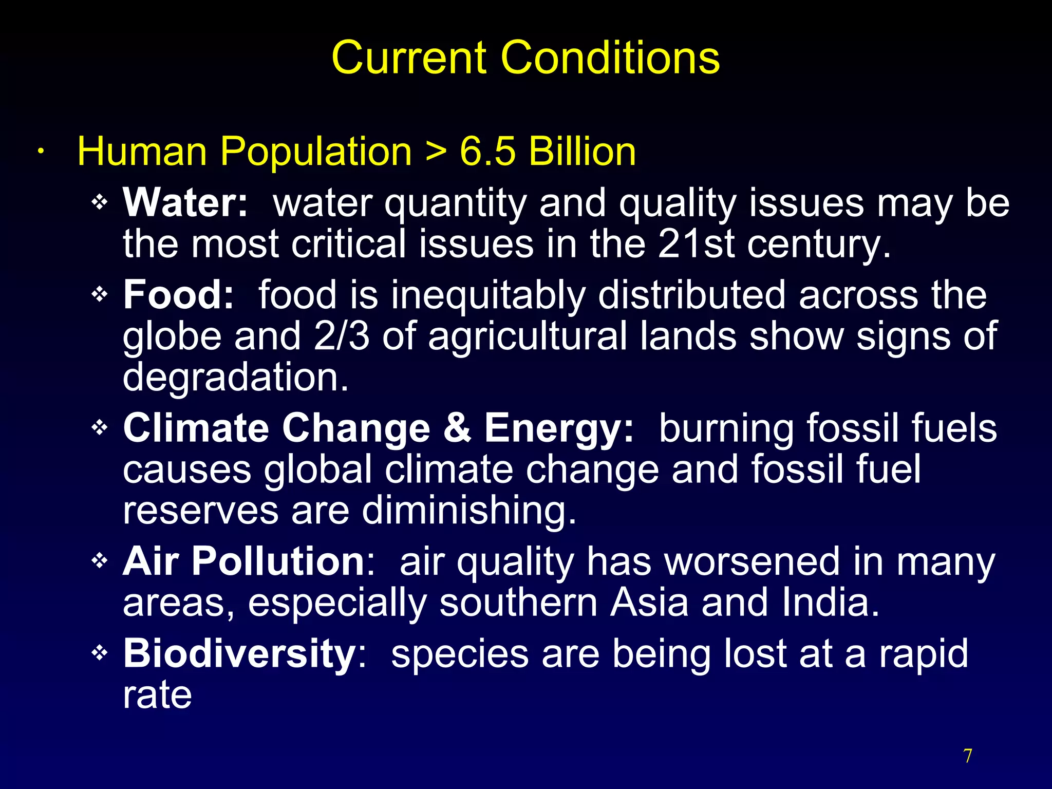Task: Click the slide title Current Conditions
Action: pyautogui.click(x=525, y=58)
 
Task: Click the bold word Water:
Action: pyautogui.click(x=185, y=203)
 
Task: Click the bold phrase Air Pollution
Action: pyautogui.click(x=243, y=561)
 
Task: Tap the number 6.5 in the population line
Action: pyautogui.click(x=487, y=152)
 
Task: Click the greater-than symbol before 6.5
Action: pyautogui.click(x=436, y=153)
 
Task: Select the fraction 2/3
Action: pyautogui.click(x=342, y=336)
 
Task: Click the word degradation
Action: pyautogui.click(x=236, y=377)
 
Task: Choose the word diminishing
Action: pyautogui.click(x=469, y=511)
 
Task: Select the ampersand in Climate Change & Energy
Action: pyautogui.click(x=457, y=428)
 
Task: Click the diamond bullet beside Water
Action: pyautogui.click(x=100, y=202)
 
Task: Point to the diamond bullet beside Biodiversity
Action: pyautogui.click(x=100, y=653)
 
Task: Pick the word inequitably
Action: pyautogui.click(x=488, y=296)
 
